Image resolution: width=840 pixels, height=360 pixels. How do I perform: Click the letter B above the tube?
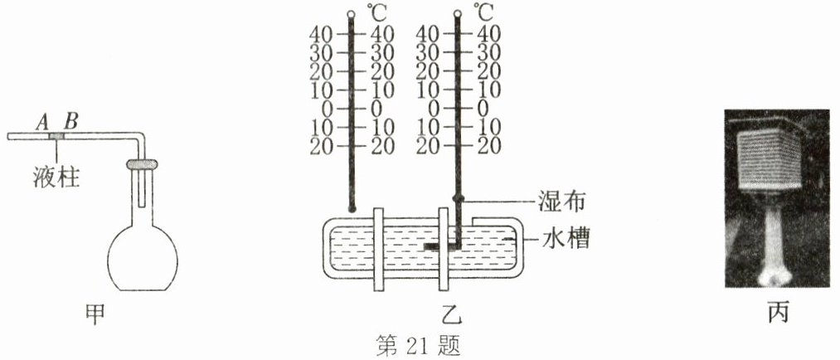[x=71, y=121]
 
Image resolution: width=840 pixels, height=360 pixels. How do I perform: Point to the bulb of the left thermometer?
[x=352, y=207]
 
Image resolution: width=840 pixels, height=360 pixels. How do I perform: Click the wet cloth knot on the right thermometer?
[x=457, y=199]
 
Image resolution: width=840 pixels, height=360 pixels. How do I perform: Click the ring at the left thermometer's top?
[x=352, y=15]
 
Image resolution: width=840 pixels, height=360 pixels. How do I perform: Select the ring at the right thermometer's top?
[x=457, y=15]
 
